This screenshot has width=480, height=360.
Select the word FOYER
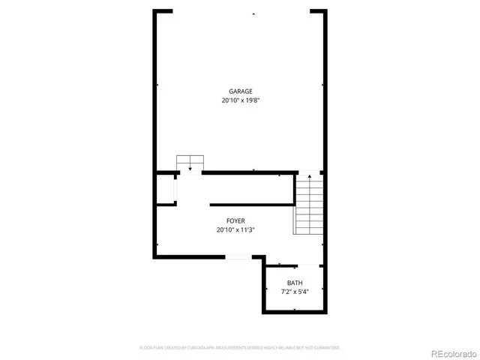point(235,221)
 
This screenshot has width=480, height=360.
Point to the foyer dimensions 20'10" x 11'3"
point(235,230)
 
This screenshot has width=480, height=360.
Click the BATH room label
point(295,283)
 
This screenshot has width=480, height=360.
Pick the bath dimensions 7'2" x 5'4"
point(295,292)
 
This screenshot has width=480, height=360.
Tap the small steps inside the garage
point(190,163)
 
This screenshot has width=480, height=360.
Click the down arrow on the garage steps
point(190,168)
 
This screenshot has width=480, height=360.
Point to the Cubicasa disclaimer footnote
point(239,348)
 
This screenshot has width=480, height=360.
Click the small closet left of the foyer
point(166,191)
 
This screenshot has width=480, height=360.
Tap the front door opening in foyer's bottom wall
point(238,257)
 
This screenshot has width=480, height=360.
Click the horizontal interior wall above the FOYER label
point(251,204)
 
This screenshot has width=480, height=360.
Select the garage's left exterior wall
point(156,90)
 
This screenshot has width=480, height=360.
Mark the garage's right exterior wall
point(325,90)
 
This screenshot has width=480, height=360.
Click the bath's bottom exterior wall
point(294,311)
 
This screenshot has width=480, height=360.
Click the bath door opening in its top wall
point(294,264)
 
